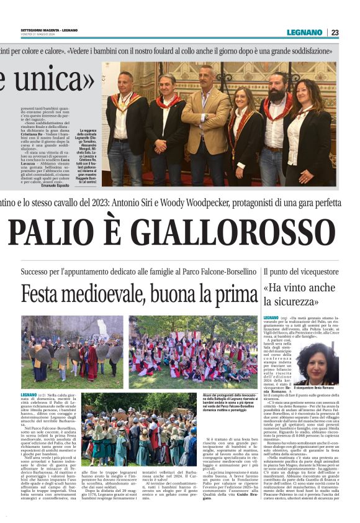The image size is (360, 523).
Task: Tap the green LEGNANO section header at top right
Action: pyautogui.click(x=304, y=32)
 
